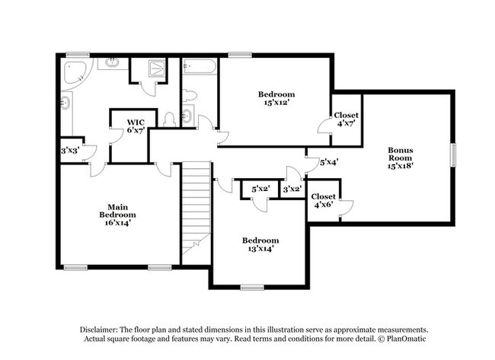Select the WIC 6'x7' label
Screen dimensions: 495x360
pos(136,126)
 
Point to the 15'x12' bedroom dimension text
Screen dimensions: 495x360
pos(276,102)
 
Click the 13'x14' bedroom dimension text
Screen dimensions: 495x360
pos(260,248)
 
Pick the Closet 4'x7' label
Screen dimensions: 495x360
pos(346,119)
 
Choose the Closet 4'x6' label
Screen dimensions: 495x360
pos(323,200)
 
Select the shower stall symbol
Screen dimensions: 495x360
pos(156,68)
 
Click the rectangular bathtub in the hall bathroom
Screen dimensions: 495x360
pos(200,66)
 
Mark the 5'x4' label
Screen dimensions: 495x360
pos(329,163)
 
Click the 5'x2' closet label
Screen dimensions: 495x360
pos(260,190)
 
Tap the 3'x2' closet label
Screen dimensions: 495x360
pos(292,190)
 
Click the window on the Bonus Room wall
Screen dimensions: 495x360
pos(454,155)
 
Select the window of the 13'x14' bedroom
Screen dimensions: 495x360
pos(252,287)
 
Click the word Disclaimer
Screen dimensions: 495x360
pos(99,330)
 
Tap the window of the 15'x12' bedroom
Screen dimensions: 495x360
pos(240,55)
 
